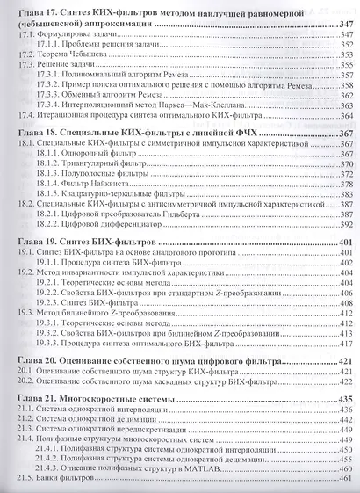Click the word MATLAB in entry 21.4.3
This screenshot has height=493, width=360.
214,473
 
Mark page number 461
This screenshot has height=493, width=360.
342,484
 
